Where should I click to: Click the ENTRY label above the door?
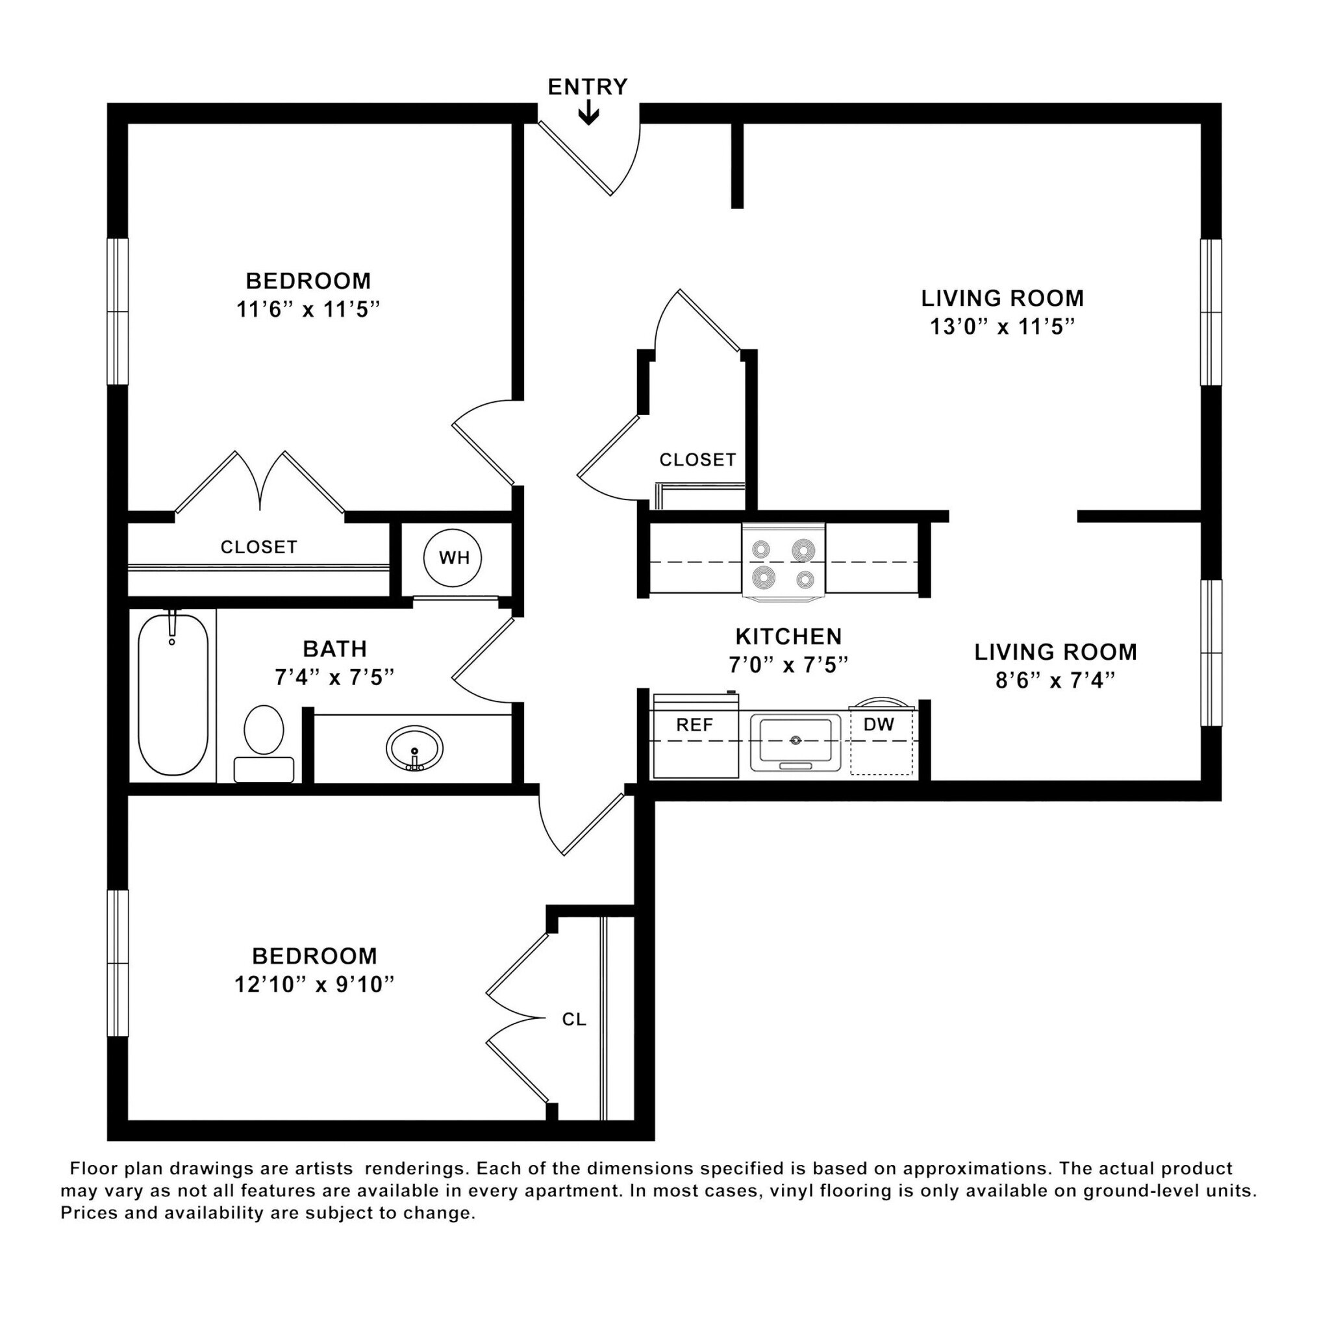[x=587, y=88]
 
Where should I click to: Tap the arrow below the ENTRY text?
[x=588, y=113]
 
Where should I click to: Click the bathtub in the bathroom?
[x=173, y=696]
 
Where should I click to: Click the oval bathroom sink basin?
[x=414, y=749]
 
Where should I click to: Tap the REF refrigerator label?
[x=694, y=725]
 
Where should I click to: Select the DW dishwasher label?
[x=879, y=724]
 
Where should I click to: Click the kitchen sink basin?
[x=795, y=742]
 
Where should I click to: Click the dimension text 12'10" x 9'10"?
[x=314, y=985]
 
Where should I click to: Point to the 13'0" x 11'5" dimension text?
[x=1001, y=327]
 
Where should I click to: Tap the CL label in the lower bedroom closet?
[x=574, y=1020]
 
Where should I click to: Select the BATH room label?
[x=334, y=649]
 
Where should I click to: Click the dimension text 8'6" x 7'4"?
[x=1055, y=681]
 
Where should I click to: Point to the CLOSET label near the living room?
[x=697, y=460]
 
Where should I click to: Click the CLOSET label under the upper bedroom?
[x=259, y=547]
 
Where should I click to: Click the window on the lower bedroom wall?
[x=118, y=963]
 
